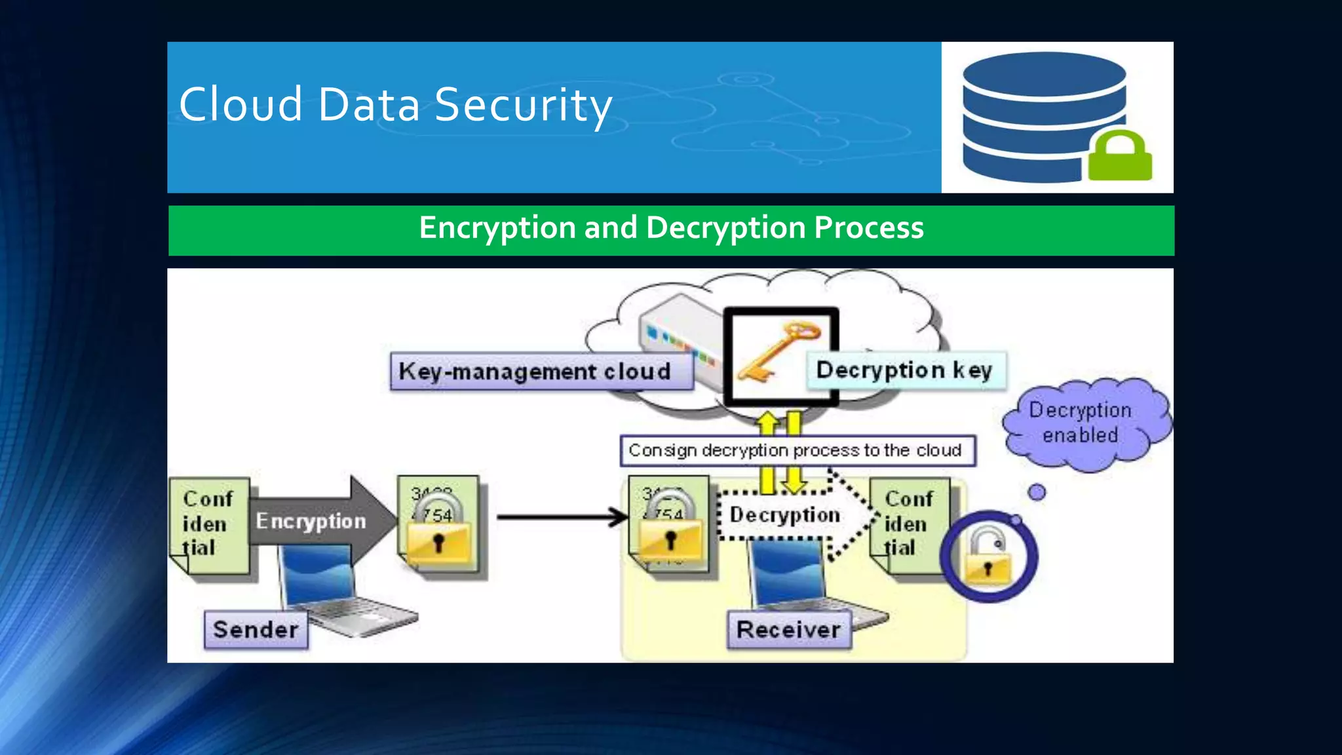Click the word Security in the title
pyautogui.click(x=523, y=105)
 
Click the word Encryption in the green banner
pyautogui.click(x=497, y=228)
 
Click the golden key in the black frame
pyautogui.click(x=777, y=351)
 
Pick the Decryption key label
pyautogui.click(x=905, y=370)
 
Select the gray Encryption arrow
pyautogui.click(x=315, y=520)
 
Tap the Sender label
pyautogui.click(x=256, y=630)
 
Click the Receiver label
pyautogui.click(x=788, y=630)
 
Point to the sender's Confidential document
pyautogui.click(x=209, y=524)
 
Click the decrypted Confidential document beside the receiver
pyautogui.click(x=908, y=524)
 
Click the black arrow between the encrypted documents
pyautogui.click(x=561, y=517)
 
